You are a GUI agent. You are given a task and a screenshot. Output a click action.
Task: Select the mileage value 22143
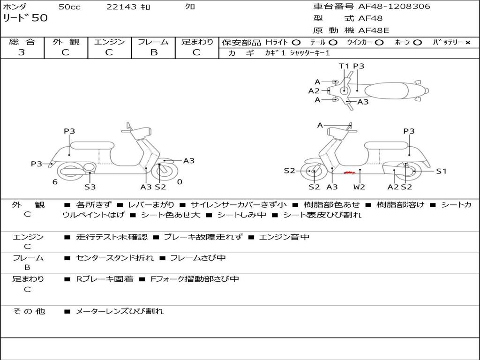[121, 7]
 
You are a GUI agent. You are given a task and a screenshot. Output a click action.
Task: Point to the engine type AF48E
[374, 31]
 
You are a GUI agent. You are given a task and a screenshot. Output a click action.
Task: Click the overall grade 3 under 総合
[22, 52]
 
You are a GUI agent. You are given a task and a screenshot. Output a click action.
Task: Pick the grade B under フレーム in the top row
[154, 52]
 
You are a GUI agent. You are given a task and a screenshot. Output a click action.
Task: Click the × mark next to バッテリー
[467, 43]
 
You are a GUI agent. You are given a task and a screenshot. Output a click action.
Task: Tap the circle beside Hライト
[296, 43]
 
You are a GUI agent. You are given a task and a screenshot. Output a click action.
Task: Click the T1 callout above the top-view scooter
[345, 66]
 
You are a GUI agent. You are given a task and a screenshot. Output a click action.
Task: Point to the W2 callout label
[359, 187]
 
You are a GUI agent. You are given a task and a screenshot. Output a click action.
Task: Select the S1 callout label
[441, 171]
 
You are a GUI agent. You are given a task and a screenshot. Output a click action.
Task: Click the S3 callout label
[90, 187]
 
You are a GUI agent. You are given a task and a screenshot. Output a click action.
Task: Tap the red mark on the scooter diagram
[349, 173]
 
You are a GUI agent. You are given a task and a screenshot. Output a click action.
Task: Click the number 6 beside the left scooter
[55, 182]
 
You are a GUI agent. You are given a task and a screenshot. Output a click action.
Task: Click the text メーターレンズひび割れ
[120, 311]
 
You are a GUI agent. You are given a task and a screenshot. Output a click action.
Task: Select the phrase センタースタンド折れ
[114, 258]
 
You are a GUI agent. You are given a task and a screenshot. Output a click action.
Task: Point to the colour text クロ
[190, 7]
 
